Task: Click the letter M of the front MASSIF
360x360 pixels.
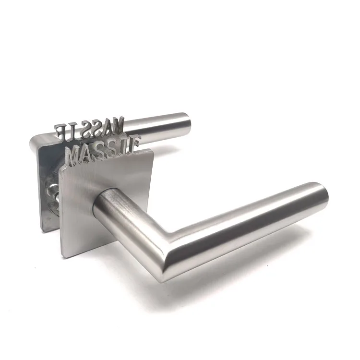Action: click(75, 156)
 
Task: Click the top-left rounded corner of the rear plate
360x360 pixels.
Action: click(34, 139)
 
